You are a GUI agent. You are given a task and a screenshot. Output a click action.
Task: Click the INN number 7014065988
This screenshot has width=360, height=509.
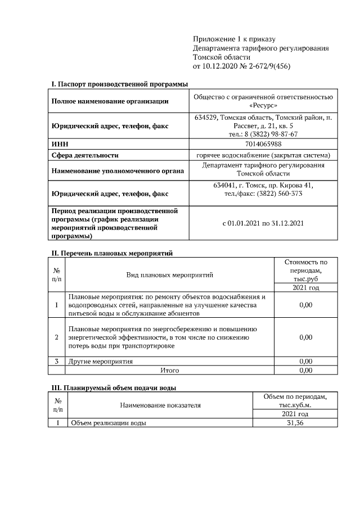pos(263,145)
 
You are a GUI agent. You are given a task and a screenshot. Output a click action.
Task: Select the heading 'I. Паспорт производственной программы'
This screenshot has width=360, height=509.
pos(119,84)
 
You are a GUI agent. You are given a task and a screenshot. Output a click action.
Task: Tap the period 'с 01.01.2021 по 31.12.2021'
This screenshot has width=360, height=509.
pos(263,223)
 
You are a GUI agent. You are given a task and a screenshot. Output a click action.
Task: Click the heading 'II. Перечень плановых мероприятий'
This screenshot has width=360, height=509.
pos(111,253)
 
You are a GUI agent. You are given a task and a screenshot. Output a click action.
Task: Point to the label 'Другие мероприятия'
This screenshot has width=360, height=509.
pos(101,361)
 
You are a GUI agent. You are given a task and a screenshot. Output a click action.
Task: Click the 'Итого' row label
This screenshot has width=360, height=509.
pos(170,371)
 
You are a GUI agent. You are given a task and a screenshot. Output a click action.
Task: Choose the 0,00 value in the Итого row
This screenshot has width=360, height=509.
pos(305,371)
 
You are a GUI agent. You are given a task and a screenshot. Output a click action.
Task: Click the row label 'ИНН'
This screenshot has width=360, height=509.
pos(59,145)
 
